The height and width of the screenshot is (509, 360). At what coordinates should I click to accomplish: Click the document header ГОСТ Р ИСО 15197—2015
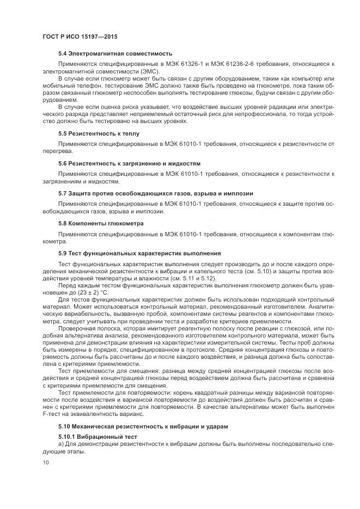81,36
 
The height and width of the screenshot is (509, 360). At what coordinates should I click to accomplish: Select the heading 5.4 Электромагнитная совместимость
115,53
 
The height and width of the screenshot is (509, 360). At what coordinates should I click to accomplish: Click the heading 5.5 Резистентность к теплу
99,133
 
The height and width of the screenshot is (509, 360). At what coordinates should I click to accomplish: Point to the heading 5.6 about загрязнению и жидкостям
130,163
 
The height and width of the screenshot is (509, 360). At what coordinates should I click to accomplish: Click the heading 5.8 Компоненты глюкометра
101,223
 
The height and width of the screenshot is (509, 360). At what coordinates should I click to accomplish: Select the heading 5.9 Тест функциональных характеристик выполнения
139,253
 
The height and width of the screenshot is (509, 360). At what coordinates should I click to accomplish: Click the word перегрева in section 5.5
54,151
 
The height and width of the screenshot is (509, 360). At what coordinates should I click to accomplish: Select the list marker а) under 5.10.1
62,445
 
